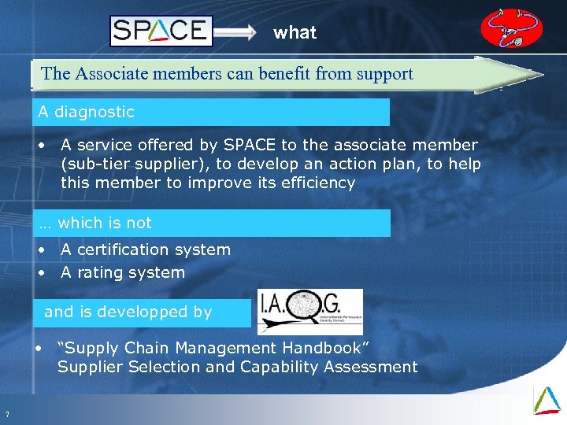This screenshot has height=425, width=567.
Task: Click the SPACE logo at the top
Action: (x=161, y=31)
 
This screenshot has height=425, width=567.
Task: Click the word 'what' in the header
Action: (x=295, y=32)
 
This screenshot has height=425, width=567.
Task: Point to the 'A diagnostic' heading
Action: (x=87, y=112)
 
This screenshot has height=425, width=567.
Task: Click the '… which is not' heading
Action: (x=95, y=223)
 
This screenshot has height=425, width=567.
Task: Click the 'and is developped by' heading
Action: (x=128, y=312)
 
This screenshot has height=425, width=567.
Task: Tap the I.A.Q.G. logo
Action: (x=309, y=312)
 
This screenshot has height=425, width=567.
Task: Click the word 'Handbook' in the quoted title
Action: (x=324, y=348)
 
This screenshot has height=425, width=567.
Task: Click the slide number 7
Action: (x=7, y=416)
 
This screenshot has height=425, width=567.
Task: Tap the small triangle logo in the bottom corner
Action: (x=547, y=399)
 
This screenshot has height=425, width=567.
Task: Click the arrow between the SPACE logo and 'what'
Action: (x=236, y=32)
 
